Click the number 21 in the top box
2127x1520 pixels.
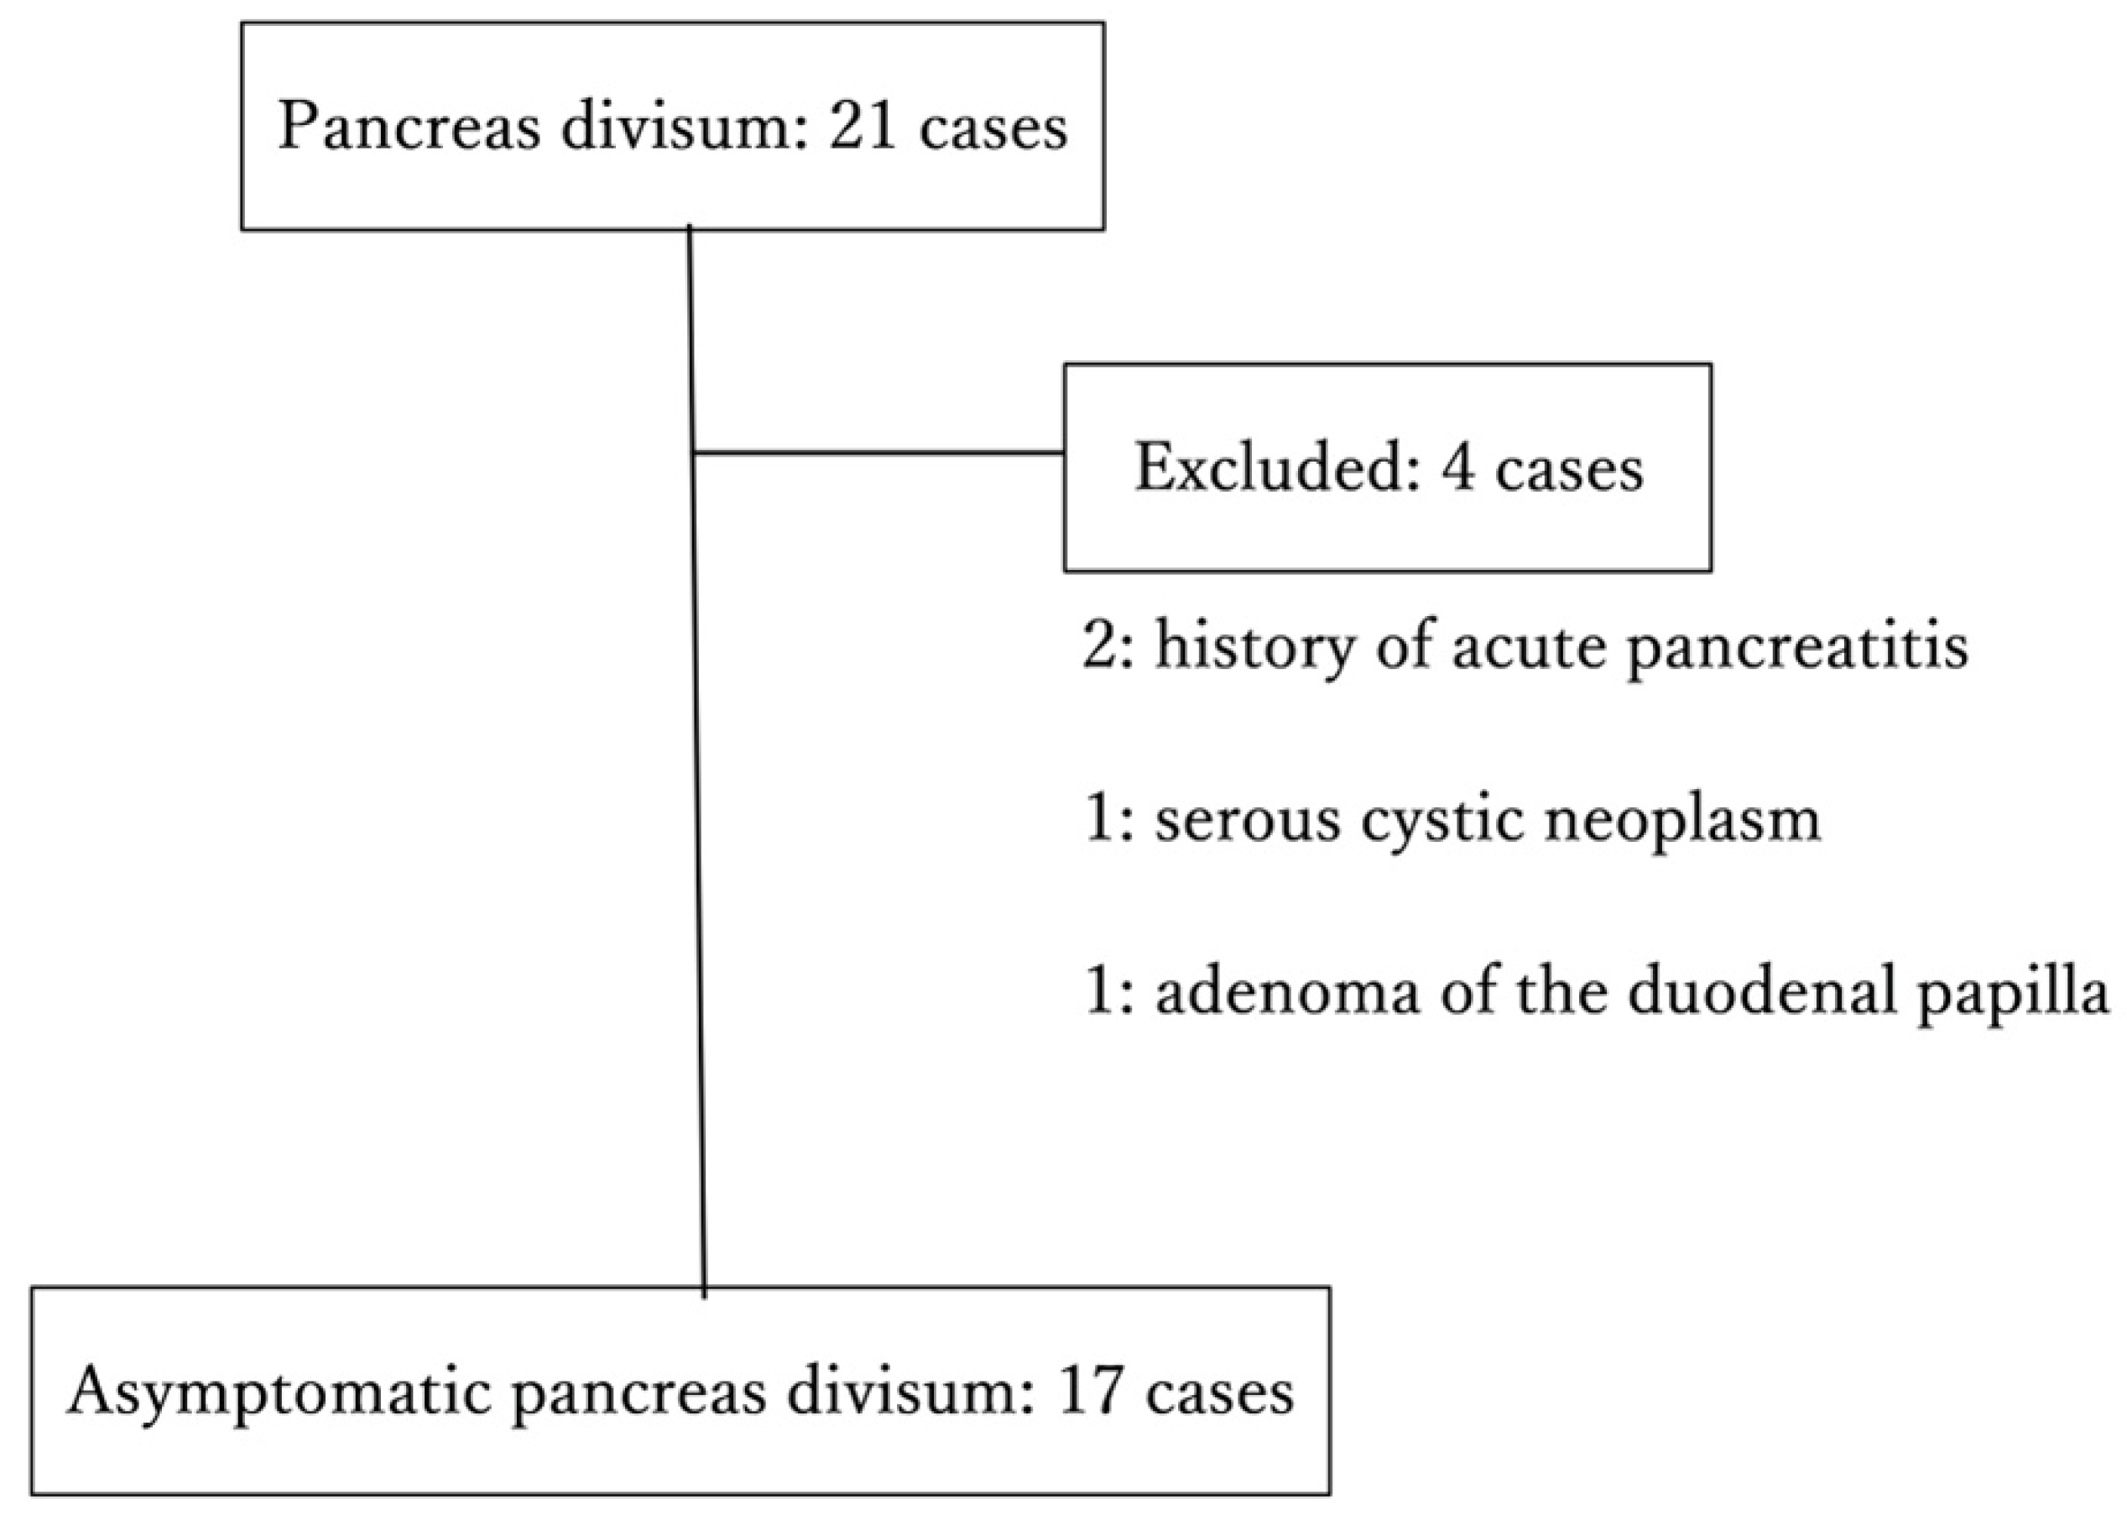[862, 128]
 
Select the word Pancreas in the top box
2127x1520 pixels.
[409, 128]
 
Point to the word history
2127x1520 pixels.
[1254, 645]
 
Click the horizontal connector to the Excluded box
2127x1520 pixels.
[879, 453]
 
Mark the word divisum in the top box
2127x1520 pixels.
[684, 128]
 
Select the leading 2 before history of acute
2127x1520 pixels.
[1099, 645]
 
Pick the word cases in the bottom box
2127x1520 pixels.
[1219, 1392]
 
